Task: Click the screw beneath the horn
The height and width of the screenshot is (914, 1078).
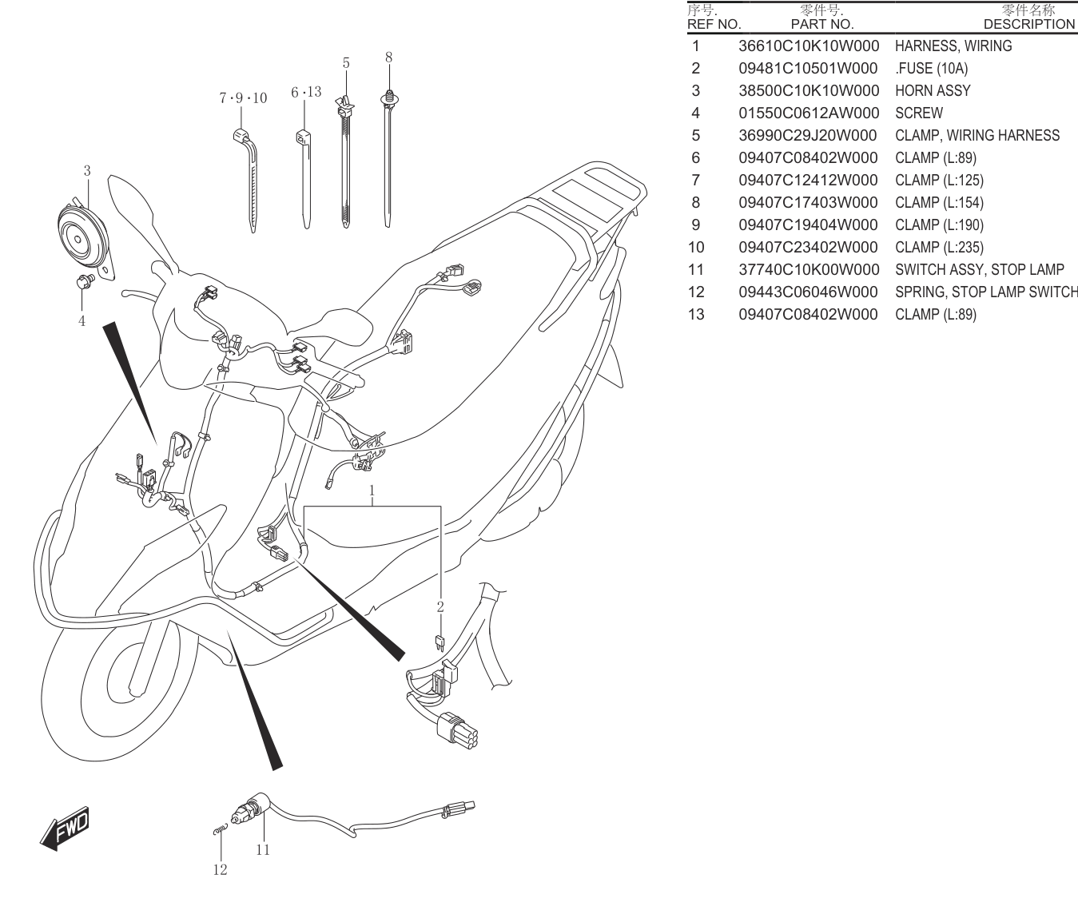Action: (84, 281)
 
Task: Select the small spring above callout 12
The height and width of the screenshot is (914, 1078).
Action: (221, 829)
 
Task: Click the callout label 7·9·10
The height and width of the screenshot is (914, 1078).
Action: (243, 98)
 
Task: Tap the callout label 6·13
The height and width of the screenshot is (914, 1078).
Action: (306, 93)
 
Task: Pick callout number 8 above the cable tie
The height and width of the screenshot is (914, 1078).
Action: (388, 58)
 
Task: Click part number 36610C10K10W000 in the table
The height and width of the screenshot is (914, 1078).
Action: (809, 46)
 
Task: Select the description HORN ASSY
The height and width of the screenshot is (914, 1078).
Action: (933, 91)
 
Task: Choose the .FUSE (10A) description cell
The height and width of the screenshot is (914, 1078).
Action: (932, 68)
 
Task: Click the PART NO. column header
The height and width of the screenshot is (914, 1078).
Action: (822, 24)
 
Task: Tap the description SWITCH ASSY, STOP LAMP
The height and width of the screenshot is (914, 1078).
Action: (980, 269)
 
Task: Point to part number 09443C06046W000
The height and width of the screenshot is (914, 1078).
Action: (809, 292)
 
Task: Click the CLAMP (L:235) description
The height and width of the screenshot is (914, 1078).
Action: (939, 247)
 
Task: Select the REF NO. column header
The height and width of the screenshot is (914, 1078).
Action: (714, 24)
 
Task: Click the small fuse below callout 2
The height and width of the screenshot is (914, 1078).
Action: (440, 643)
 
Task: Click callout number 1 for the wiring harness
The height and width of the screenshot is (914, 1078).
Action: (372, 491)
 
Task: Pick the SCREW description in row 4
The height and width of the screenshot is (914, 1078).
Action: (919, 113)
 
